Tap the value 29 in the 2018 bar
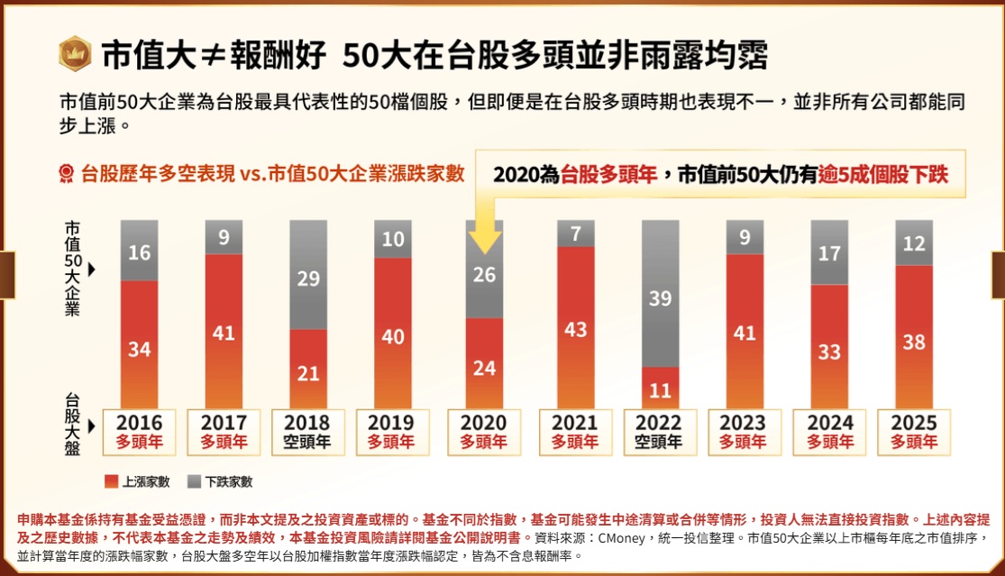click(x=308, y=279)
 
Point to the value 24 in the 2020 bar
click(x=485, y=368)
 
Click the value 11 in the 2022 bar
click(x=661, y=390)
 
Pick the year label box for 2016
click(x=140, y=432)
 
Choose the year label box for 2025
click(x=914, y=432)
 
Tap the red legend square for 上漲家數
click(x=112, y=481)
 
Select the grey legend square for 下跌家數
click(x=193, y=481)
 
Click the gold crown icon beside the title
click(x=74, y=54)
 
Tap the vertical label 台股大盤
click(x=72, y=424)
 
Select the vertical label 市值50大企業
click(x=72, y=268)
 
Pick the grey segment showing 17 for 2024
click(x=830, y=252)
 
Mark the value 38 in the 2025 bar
click(x=914, y=343)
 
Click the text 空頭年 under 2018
click(x=308, y=443)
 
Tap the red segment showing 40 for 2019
click(x=393, y=335)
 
